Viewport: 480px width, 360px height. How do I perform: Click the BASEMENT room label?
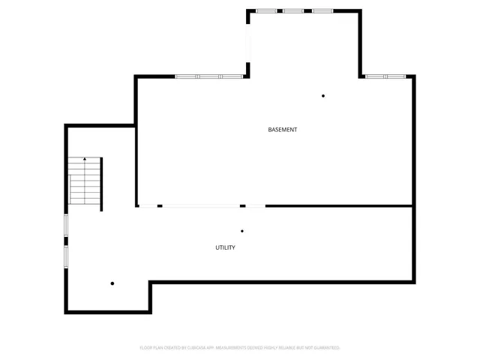pyautogui.click(x=283, y=130)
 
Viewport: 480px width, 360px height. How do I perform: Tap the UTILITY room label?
pyautogui.click(x=226, y=247)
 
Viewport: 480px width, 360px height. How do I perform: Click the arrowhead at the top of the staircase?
pyautogui.click(x=85, y=159)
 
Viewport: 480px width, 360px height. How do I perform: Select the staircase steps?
pyautogui.click(x=85, y=184)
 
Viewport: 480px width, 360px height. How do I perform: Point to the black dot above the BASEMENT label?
pyautogui.click(x=323, y=96)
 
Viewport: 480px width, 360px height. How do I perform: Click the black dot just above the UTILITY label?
pyautogui.click(x=242, y=231)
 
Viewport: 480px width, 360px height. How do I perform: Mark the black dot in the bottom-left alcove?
pyautogui.click(x=112, y=283)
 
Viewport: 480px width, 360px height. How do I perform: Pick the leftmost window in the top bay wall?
pyautogui.click(x=266, y=11)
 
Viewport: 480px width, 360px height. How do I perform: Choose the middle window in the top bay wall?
pyautogui.click(x=293, y=11)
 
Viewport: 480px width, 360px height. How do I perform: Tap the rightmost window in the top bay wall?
pyautogui.click(x=322, y=11)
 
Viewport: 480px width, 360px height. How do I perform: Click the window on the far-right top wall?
pyautogui.click(x=385, y=76)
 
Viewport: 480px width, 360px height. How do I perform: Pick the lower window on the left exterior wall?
pyautogui.click(x=66, y=257)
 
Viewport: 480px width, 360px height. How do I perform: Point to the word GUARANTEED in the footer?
pyautogui.click(x=327, y=348)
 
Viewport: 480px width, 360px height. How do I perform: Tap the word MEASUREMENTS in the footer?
pyautogui.click(x=234, y=348)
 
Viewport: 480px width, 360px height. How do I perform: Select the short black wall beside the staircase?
pyautogui.click(x=102, y=184)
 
